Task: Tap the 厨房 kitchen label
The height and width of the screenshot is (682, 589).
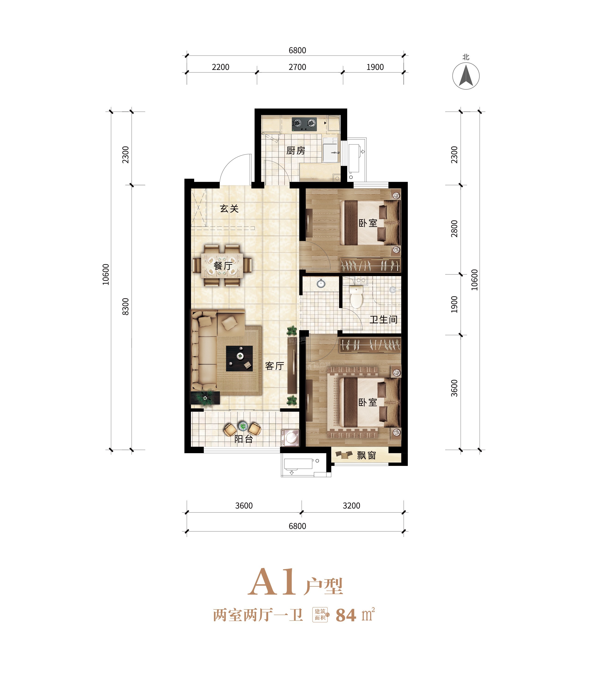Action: pyautogui.click(x=295, y=151)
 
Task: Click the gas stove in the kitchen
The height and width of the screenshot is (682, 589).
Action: pyautogui.click(x=304, y=124)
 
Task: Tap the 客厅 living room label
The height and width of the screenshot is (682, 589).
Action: pyautogui.click(x=274, y=366)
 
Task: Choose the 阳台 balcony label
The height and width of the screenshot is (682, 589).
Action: pyautogui.click(x=243, y=439)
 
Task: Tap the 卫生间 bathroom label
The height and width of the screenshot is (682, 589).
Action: pyautogui.click(x=383, y=320)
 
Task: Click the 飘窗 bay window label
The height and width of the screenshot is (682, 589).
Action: pyautogui.click(x=366, y=456)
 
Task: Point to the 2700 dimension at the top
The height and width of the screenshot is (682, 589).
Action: pyautogui.click(x=298, y=67)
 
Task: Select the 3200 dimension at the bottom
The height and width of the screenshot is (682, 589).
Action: pyautogui.click(x=352, y=506)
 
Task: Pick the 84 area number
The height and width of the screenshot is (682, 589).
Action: pyautogui.click(x=346, y=615)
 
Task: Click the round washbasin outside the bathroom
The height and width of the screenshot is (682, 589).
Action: pyautogui.click(x=321, y=284)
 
